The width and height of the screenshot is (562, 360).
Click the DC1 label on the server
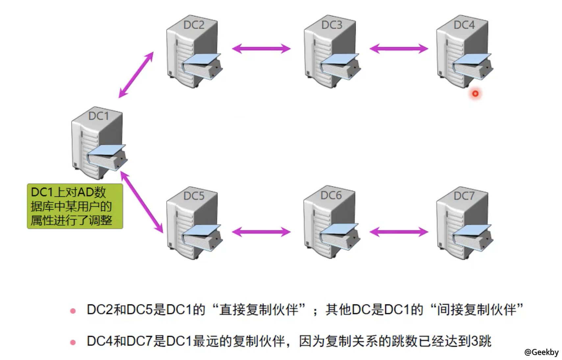[x=98, y=116]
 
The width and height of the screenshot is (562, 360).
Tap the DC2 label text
[x=194, y=25]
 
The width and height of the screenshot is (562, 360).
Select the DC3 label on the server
[x=332, y=25]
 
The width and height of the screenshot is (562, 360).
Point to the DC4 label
[x=464, y=25]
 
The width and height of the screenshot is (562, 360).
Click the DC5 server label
[x=194, y=196]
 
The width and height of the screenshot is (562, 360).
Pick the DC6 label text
[x=331, y=195]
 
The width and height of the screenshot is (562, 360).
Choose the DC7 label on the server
[x=464, y=196]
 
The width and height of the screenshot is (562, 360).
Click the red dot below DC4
[x=475, y=94]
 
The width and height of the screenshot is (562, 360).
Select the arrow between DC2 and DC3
[x=261, y=49]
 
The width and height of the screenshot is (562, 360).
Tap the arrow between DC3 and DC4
[x=399, y=49]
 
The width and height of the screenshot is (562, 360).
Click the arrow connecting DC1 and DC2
[x=136, y=75]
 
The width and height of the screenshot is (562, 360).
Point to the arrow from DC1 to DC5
[x=142, y=202]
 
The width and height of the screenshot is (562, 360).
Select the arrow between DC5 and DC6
[x=261, y=232]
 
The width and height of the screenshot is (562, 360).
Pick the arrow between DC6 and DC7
[x=399, y=232]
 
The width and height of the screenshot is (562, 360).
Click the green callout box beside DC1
[x=75, y=206]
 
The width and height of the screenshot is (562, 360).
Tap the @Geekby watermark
[x=541, y=352]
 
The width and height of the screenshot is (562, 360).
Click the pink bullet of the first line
[x=73, y=311]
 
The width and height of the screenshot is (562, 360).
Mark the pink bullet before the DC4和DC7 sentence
[x=73, y=342]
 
